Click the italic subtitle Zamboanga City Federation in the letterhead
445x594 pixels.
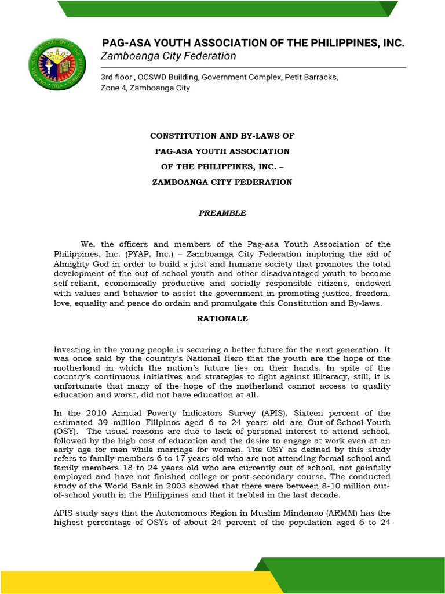(x=169, y=56)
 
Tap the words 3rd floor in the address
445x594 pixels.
(x=118, y=77)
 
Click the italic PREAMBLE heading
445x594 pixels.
(x=222, y=213)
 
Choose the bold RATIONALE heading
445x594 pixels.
(x=222, y=318)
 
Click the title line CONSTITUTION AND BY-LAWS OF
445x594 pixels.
(x=222, y=136)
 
